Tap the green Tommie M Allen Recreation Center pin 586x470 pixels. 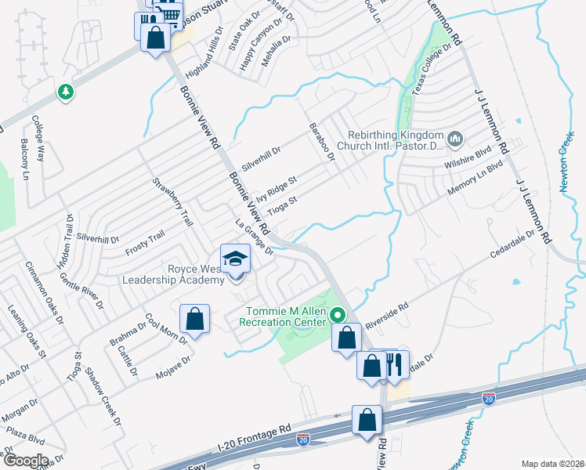click(338, 316)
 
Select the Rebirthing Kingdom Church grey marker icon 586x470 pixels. click(457, 139)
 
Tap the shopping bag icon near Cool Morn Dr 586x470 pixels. click(194, 319)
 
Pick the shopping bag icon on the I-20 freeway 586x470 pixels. click(367, 420)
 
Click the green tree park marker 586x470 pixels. click(66, 92)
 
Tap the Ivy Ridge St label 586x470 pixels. click(277, 190)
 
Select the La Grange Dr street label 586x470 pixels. click(255, 237)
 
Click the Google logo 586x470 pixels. click(25, 460)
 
